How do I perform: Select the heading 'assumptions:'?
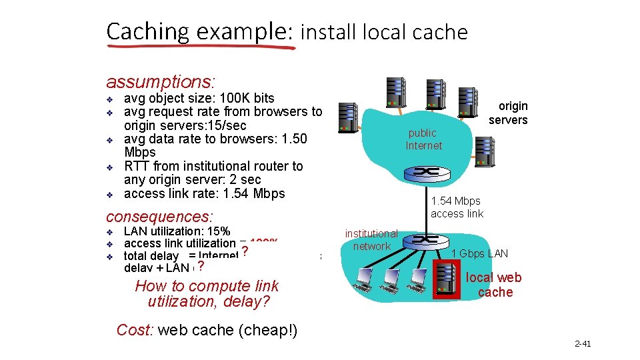[x=161, y=82]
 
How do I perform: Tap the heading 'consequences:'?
[x=159, y=217]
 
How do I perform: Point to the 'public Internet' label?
[x=423, y=139]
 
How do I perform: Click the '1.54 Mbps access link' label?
[x=457, y=207]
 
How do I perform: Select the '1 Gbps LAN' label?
[x=479, y=253]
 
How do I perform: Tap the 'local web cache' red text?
[x=494, y=285]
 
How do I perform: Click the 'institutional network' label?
[x=371, y=240]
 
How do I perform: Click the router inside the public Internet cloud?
[x=424, y=172]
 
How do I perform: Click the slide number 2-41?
[x=583, y=344]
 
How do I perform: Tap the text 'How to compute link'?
[x=207, y=286]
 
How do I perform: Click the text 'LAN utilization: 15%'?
[x=177, y=231]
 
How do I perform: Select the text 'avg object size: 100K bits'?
[x=199, y=98]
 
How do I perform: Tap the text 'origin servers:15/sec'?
[x=185, y=125]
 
